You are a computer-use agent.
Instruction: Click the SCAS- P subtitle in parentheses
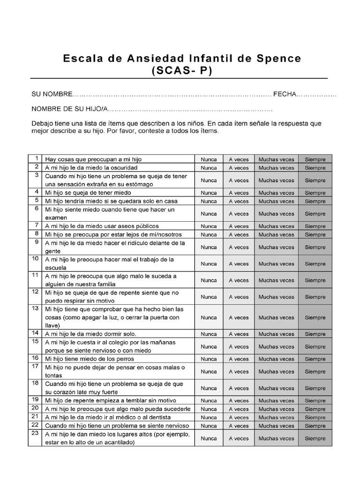(x=182, y=71)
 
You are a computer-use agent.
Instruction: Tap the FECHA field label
(x=285, y=94)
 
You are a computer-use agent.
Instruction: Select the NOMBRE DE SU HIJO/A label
(x=69, y=109)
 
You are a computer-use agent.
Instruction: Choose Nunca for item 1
(x=209, y=159)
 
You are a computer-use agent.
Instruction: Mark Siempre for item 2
(x=315, y=168)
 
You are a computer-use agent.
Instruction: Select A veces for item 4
(x=239, y=193)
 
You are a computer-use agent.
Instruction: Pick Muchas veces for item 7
(x=277, y=226)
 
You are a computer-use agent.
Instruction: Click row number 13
(x=35, y=308)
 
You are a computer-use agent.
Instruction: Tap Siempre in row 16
(x=315, y=359)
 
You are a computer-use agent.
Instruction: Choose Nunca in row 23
(x=209, y=438)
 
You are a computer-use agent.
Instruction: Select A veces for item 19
(x=239, y=401)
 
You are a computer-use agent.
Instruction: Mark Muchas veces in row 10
(x=277, y=263)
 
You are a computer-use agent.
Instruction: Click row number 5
(x=35, y=200)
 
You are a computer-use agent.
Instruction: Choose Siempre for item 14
(x=315, y=334)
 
